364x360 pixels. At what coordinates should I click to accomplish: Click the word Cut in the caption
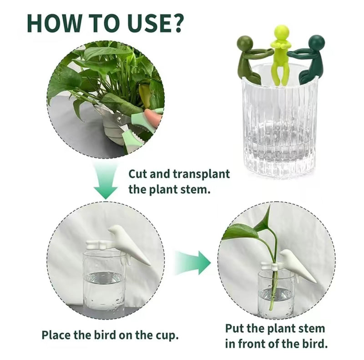(137, 174)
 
